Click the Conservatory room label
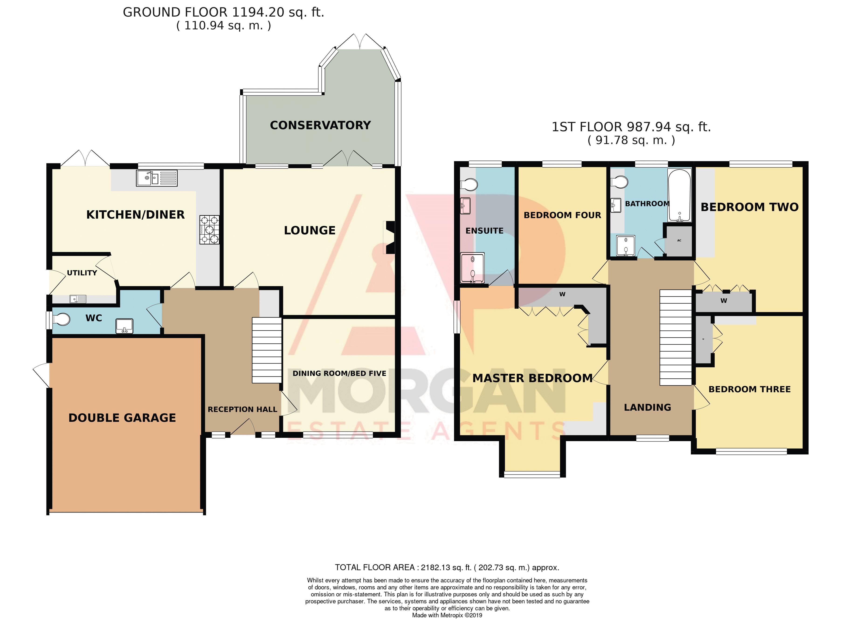pos(320,125)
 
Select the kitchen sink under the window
pos(157,178)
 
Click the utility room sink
pos(78,299)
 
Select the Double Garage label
pos(122,418)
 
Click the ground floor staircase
pos(267,350)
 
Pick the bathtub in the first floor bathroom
pos(679,196)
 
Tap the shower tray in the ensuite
pos(472,267)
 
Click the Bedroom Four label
pos(562,215)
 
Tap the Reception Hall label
pos(242,409)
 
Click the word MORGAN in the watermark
pos(426,395)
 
